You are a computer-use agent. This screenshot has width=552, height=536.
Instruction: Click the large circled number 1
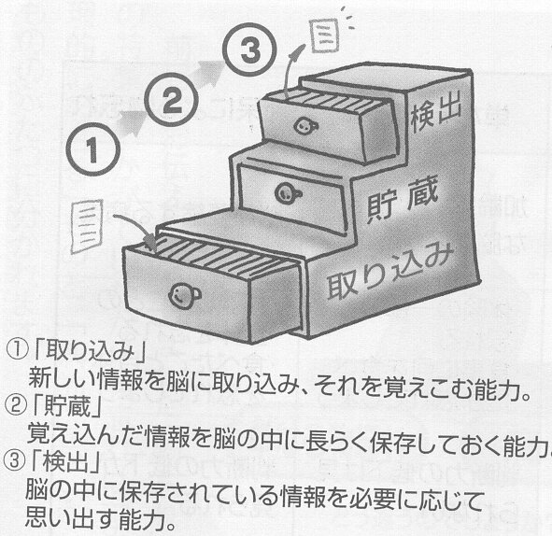tap(93, 149)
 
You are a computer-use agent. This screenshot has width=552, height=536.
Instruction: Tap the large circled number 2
tap(172, 100)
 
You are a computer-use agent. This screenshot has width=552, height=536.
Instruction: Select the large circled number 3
tap(250, 49)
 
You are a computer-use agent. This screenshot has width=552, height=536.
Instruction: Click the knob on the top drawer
tap(304, 126)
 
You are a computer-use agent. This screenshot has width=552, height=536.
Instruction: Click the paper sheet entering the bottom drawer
tap(87, 226)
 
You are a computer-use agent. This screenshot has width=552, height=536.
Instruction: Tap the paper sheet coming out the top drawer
tap(324, 35)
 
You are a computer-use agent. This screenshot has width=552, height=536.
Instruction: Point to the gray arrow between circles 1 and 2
tap(133, 123)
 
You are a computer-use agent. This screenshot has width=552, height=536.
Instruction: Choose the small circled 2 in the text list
tap(15, 407)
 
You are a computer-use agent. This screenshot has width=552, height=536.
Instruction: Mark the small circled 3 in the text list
tap(14, 461)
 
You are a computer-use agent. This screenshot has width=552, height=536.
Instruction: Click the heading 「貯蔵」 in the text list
tap(65, 406)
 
